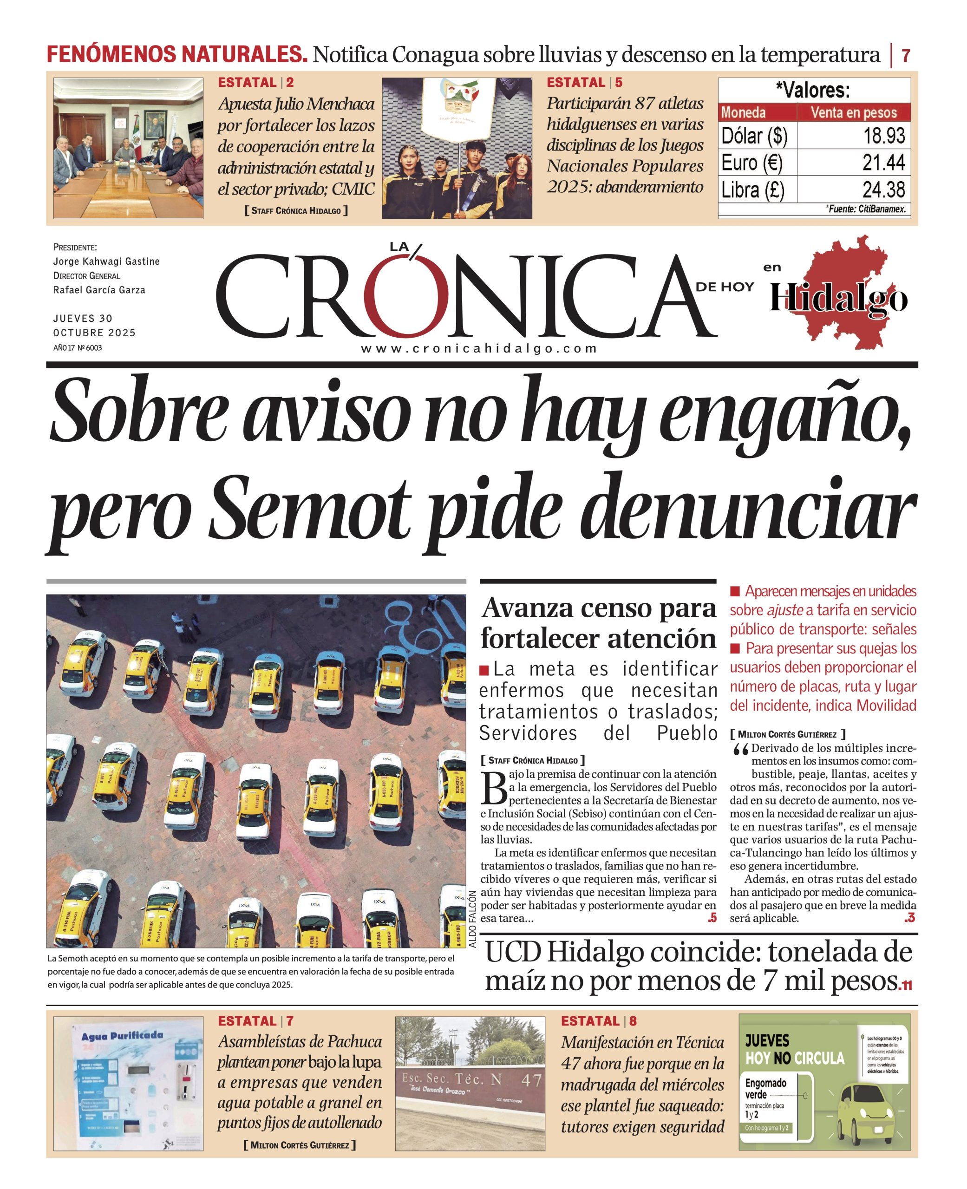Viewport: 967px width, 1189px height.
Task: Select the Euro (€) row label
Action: (752, 163)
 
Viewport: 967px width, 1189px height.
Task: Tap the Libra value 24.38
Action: (883, 190)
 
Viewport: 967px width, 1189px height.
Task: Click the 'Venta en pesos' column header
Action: (853, 112)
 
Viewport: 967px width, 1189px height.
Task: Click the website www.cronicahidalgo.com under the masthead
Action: (479, 349)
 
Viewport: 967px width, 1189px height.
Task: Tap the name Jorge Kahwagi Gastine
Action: (106, 261)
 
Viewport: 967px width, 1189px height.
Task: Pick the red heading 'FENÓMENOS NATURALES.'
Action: (176, 55)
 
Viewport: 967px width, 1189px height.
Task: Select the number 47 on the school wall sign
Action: (531, 1080)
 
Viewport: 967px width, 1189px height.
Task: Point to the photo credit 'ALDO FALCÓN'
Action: (473, 918)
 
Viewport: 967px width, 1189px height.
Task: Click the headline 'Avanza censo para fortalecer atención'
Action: (598, 623)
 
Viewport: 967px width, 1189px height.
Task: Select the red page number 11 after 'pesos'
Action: (906, 986)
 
